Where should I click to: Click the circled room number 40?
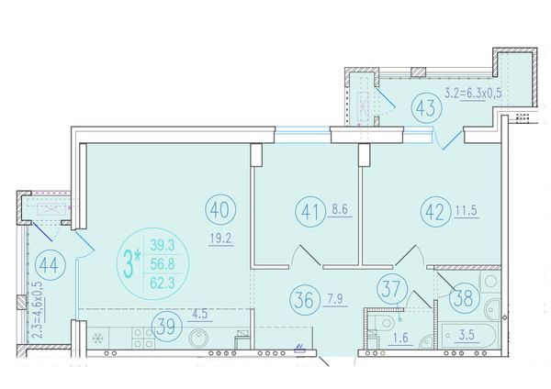220,209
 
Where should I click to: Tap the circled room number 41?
310,213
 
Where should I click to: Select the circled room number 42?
435,213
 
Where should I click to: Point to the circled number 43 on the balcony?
426,107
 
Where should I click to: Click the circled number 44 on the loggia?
50,266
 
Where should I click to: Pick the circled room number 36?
305,300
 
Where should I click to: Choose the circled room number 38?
464,299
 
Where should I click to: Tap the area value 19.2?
220,239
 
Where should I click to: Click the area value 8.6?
340,209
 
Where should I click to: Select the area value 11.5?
467,211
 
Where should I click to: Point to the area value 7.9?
334,299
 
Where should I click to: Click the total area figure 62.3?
163,282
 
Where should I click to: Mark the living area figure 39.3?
163,245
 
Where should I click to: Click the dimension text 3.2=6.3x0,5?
473,93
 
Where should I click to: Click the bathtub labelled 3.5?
468,335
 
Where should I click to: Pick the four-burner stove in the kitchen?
144,338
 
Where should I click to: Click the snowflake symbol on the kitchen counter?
96,339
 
